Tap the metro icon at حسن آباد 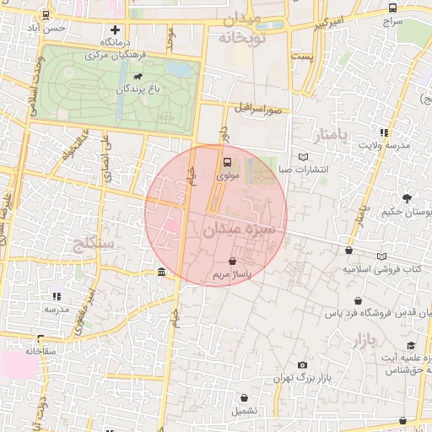point(45,14)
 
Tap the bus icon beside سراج point(391,8)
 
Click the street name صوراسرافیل point(255,109)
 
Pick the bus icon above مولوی point(226,163)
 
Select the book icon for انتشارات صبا point(304,156)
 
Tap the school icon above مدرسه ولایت point(385,132)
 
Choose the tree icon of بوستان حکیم point(408,199)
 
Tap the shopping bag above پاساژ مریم point(232,262)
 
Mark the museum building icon point(161,272)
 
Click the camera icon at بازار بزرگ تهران point(302,364)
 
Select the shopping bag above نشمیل point(245,397)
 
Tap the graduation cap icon point(411,345)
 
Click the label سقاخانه point(40,350)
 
